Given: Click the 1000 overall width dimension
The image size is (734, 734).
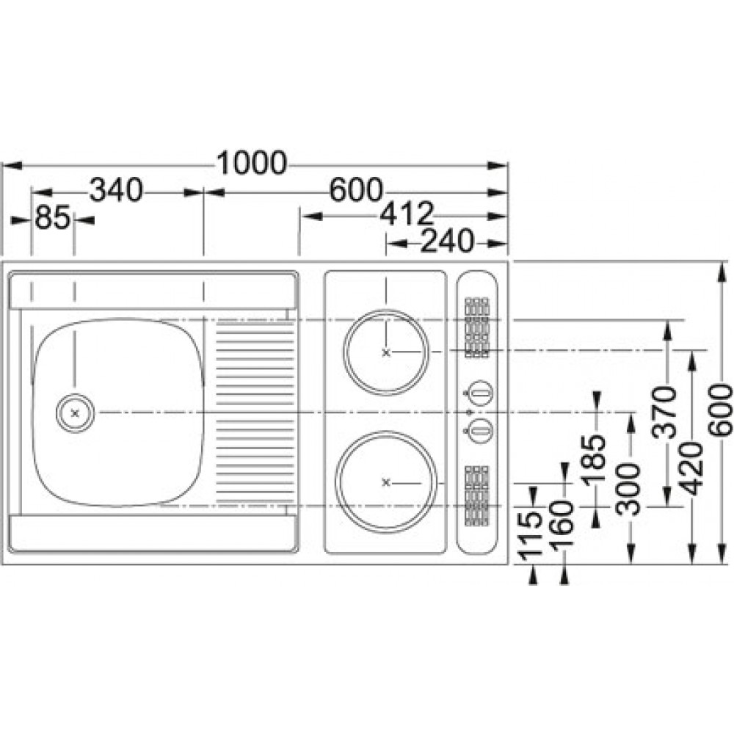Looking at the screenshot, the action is pyautogui.click(x=252, y=163).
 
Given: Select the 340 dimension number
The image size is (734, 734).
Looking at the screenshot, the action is pyautogui.click(x=116, y=190).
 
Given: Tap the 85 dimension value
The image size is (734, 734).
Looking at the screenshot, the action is pyautogui.click(x=52, y=218).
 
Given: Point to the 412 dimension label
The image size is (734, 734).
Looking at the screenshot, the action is pyautogui.click(x=407, y=214).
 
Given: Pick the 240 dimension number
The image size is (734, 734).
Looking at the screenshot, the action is pyautogui.click(x=448, y=241).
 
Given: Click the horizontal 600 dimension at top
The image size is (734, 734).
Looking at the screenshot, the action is pyautogui.click(x=356, y=190).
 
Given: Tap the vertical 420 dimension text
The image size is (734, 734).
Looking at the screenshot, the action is pyautogui.click(x=692, y=469).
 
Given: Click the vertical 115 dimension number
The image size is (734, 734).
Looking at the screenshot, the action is pyautogui.click(x=531, y=535).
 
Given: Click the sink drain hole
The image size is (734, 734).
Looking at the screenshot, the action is pyautogui.click(x=75, y=413).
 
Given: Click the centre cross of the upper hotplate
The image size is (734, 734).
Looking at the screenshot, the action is pyautogui.click(x=386, y=352).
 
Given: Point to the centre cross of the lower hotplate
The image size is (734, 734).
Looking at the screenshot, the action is pyautogui.click(x=386, y=483).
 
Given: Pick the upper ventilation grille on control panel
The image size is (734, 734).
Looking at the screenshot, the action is pyautogui.click(x=477, y=327).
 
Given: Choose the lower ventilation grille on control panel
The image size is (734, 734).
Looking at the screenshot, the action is pyautogui.click(x=477, y=496).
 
